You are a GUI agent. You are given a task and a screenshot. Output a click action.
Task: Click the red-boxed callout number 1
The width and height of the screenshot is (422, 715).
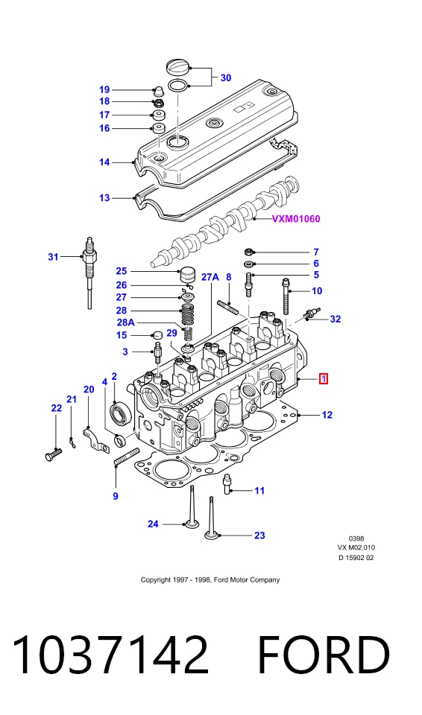[x=324, y=378]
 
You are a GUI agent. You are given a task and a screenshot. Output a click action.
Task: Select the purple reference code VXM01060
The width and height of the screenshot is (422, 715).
[x=296, y=219]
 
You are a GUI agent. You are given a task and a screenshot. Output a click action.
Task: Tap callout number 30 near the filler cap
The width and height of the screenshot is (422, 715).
[x=226, y=78]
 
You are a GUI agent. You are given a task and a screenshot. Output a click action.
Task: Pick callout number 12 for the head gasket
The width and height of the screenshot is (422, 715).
[x=327, y=415]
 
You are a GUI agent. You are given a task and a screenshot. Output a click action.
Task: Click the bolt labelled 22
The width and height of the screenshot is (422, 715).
[x=54, y=454]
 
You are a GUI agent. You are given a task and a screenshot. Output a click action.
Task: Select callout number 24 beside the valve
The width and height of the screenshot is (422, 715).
[x=153, y=524]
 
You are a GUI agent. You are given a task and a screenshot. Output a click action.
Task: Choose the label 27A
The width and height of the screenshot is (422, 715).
[x=210, y=277]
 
